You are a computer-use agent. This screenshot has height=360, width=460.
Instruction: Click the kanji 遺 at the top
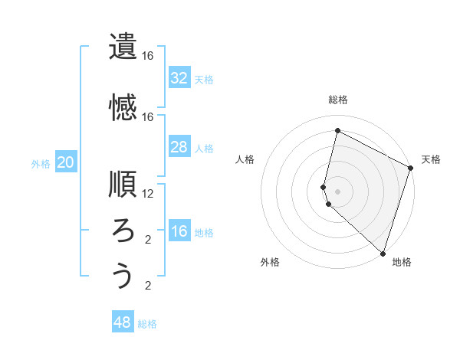point(123,46)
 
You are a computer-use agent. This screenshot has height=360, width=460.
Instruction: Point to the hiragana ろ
point(123,230)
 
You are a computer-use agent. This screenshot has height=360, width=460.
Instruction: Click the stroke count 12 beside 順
point(148,194)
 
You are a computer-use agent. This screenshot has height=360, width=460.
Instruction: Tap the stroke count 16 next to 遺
point(148,56)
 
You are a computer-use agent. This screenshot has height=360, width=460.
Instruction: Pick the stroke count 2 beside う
point(148,286)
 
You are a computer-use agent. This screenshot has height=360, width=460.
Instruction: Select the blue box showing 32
point(179,77)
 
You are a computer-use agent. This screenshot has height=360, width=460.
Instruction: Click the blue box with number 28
point(179,146)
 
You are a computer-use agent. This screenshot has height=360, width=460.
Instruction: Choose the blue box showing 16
point(179,231)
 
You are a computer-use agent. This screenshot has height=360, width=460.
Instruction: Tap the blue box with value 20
point(65,162)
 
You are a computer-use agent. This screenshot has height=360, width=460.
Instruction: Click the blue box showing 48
point(123,322)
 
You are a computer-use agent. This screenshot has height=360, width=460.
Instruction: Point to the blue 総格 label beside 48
point(147,324)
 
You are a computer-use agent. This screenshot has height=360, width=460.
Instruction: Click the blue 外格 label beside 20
point(41,163)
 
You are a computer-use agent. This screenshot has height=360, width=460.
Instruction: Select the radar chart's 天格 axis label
point(431,159)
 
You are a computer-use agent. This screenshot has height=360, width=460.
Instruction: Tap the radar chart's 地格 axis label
point(402,262)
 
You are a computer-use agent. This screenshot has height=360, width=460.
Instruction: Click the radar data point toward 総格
point(337,131)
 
